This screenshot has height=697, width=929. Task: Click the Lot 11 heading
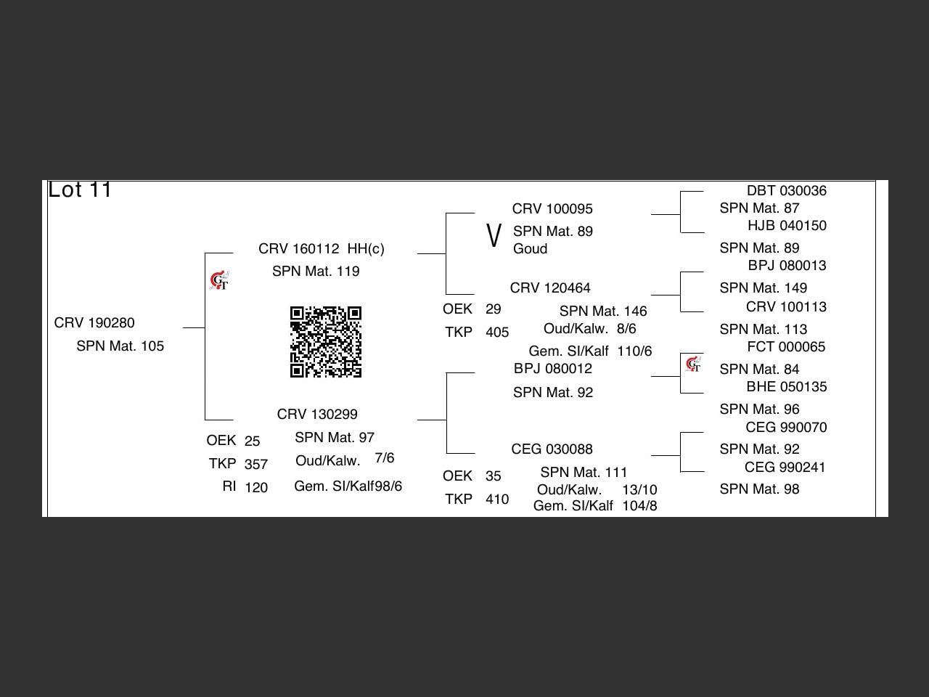80,190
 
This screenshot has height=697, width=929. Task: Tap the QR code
326,342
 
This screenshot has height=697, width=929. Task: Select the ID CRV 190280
94,323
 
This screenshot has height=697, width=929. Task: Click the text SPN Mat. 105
120,346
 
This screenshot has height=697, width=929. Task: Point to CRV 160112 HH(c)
322,249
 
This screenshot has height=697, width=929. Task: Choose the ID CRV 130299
317,415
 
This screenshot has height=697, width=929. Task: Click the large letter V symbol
494,236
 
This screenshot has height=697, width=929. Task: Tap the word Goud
530,249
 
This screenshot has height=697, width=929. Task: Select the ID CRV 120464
550,288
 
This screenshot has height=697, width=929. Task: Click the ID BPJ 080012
553,369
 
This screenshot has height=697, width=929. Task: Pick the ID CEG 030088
552,449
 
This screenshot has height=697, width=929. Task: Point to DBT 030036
787,191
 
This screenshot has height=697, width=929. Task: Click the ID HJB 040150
787,226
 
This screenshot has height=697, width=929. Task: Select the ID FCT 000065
786,347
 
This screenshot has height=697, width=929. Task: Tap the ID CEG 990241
785,468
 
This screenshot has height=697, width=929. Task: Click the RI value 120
256,488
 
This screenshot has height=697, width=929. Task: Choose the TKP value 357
256,465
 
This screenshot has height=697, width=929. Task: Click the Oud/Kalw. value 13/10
639,490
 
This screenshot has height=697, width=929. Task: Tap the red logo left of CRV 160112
219,281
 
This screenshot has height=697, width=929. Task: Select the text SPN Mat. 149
764,288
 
